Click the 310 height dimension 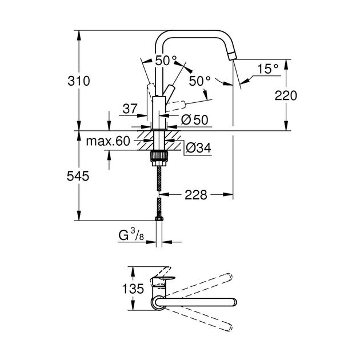pyautogui.click(x=79, y=81)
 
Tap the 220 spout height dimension pyautogui.click(x=286, y=95)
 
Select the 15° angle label pyautogui.click(x=267, y=69)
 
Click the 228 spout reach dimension pyautogui.click(x=195, y=195)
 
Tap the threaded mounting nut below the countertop pyautogui.click(x=157, y=155)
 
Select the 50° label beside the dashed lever pyautogui.click(x=199, y=81)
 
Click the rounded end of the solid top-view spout pyautogui.click(x=232, y=303)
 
